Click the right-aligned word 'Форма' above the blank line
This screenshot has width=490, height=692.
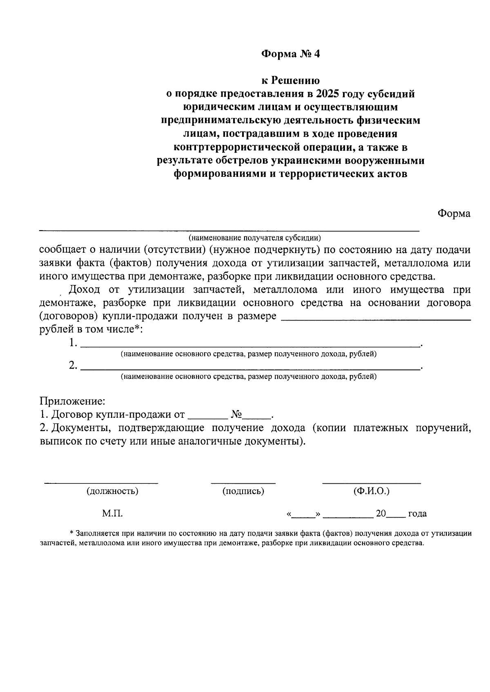(454, 214)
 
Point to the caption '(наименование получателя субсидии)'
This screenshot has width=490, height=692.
(255, 238)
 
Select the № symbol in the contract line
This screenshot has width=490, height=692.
(237, 415)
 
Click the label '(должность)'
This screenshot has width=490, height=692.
(112, 491)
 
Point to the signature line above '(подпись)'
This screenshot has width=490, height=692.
(243, 483)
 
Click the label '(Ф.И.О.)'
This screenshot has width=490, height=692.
(372, 491)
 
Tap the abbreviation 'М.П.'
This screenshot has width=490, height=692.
(112, 514)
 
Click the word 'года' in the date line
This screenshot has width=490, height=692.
(417, 514)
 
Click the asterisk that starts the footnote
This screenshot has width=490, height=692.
(72, 533)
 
